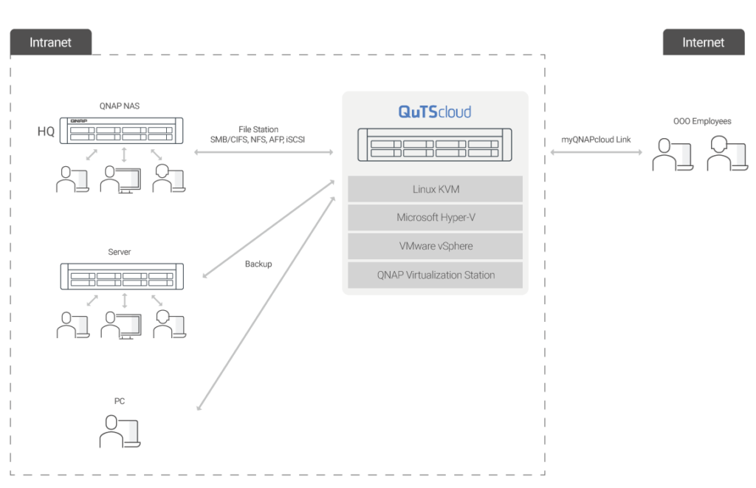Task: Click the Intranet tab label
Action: [x=51, y=42]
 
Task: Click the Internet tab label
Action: [x=704, y=42]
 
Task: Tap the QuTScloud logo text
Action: [x=434, y=112]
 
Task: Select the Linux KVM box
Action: [x=436, y=189]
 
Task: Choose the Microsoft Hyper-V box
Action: [x=436, y=218]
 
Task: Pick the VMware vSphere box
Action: [x=436, y=246]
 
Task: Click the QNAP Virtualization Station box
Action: [x=436, y=275]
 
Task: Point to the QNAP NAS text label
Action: [x=120, y=106]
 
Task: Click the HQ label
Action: [x=46, y=131]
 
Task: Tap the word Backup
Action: [x=258, y=264]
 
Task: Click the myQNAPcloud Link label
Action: [x=596, y=140]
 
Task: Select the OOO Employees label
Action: [x=702, y=121]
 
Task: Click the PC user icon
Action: [x=120, y=431]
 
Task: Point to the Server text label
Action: [x=120, y=252]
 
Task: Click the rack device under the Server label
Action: [x=122, y=276]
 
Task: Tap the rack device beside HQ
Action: [x=122, y=131]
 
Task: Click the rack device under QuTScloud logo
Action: [x=434, y=145]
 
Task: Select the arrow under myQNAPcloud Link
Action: [x=597, y=152]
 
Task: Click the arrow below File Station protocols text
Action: [x=264, y=152]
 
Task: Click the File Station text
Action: [x=258, y=129]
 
